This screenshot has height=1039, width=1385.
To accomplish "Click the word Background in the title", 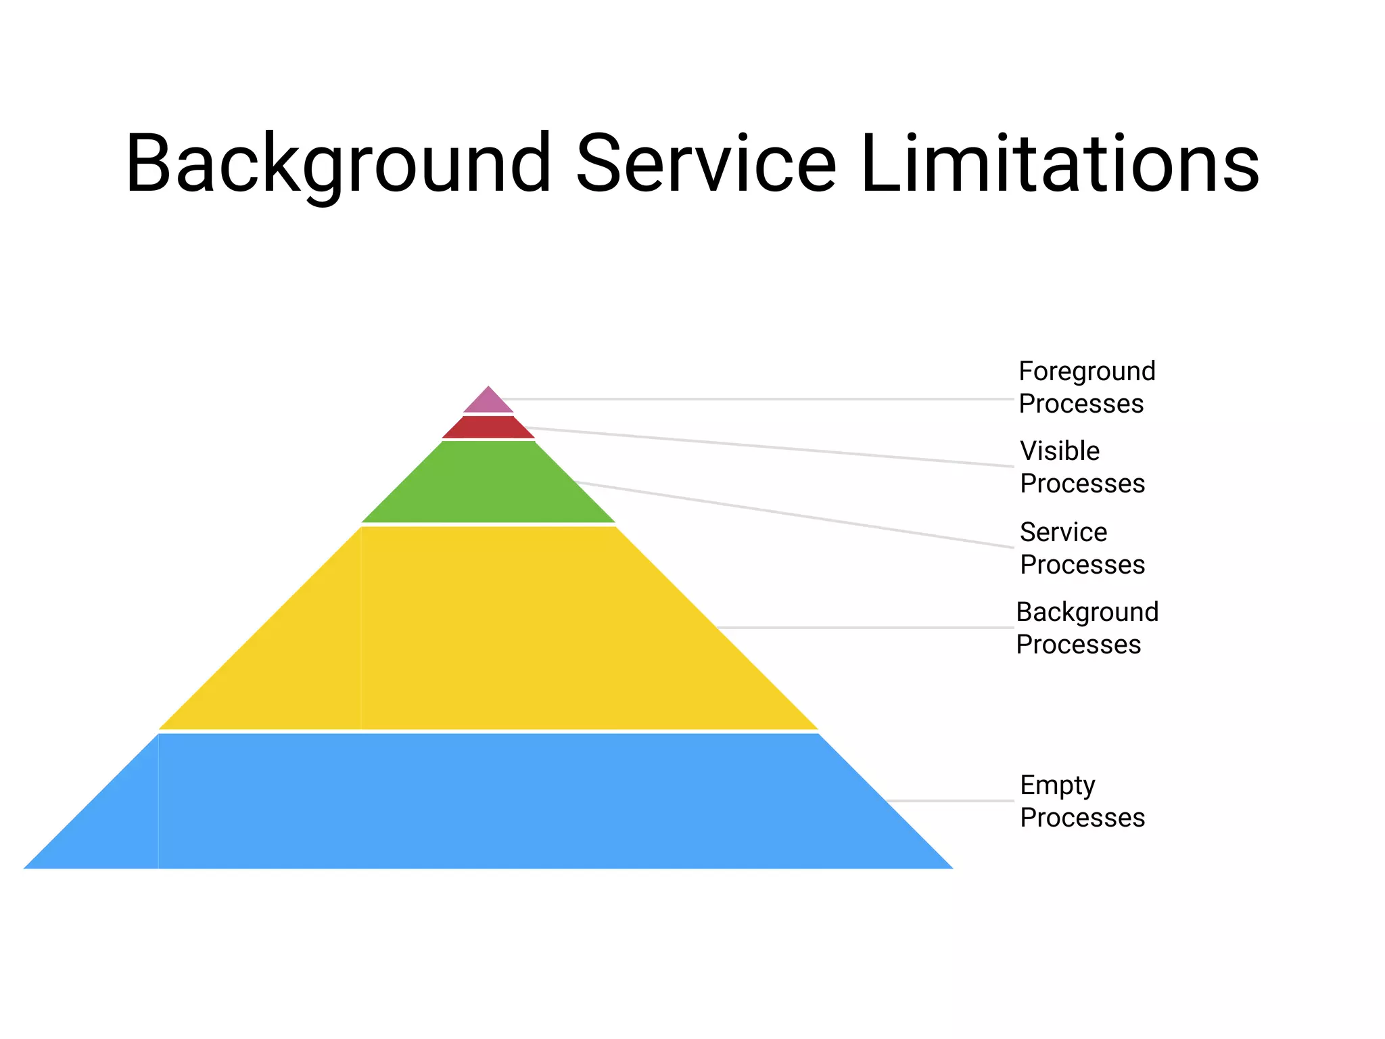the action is pos(338,164).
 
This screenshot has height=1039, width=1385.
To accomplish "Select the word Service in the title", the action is pos(706,164).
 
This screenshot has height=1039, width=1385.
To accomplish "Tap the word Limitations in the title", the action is pos(1060,164).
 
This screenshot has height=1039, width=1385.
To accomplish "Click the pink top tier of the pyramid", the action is pos(488,402).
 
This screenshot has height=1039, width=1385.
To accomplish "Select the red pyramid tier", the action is pos(488,427).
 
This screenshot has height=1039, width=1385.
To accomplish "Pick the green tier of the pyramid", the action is pos(488,484).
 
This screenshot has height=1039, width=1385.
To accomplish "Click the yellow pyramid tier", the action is pos(488,628).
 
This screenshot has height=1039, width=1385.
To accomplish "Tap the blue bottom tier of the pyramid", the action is pos(488,801).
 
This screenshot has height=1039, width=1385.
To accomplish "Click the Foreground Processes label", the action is pos(1087,387).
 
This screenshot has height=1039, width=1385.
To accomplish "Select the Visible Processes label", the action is pos(1082,467).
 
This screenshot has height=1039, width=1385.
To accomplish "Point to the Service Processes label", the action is pos(1082,548).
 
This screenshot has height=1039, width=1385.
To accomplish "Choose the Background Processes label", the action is pos(1087,628).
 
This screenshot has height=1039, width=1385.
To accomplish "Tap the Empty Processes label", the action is pos(1082,801).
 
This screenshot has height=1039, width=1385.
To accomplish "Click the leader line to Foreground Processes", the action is pos(757,399).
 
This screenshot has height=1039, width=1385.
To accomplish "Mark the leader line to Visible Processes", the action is pos(771,446).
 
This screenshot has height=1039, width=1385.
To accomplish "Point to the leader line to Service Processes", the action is pos(791,515).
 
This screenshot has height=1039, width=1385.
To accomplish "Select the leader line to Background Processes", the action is pos(866,628).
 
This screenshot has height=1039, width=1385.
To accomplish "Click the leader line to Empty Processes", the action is pos(950,801).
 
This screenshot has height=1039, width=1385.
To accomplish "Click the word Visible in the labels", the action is pos(1060,451).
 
